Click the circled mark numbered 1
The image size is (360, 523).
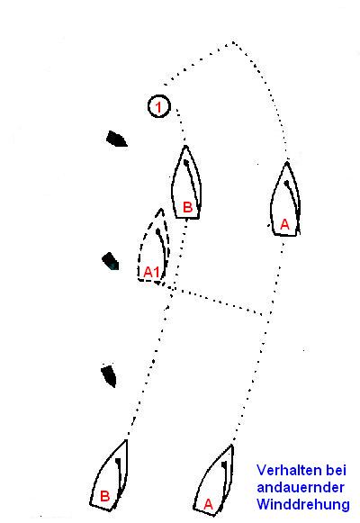159,106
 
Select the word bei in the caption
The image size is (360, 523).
337,470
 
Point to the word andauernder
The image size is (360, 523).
301,487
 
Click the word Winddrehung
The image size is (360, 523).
303,504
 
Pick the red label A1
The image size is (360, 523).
152,272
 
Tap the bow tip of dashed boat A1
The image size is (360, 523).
161,209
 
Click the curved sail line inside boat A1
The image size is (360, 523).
161,250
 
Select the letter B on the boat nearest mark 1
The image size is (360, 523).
188,207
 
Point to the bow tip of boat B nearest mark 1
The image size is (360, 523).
185,146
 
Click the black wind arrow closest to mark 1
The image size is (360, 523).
116,140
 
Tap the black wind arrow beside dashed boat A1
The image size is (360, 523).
111,261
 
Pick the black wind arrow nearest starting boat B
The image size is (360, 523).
109,376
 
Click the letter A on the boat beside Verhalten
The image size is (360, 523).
208,504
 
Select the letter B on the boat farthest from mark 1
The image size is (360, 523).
104,496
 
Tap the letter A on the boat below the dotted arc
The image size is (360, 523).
284,224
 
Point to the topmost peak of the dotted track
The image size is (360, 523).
233,42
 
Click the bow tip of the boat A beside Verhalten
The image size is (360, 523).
232,446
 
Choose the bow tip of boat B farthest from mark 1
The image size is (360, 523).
126,440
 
